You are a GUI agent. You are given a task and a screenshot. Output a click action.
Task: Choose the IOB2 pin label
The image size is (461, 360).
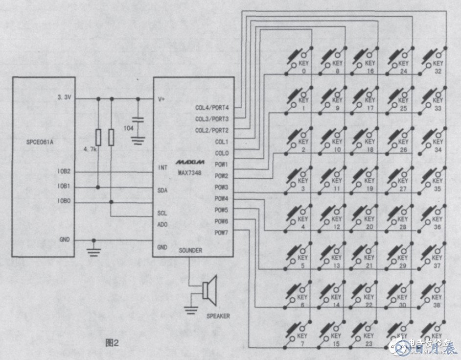click(x=64, y=171)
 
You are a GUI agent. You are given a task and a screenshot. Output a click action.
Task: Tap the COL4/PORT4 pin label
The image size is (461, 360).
click(x=211, y=107)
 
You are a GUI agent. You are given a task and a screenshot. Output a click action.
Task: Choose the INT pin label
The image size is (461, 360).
click(x=163, y=168)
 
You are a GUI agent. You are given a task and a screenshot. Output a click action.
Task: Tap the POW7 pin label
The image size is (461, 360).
click(x=221, y=232)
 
